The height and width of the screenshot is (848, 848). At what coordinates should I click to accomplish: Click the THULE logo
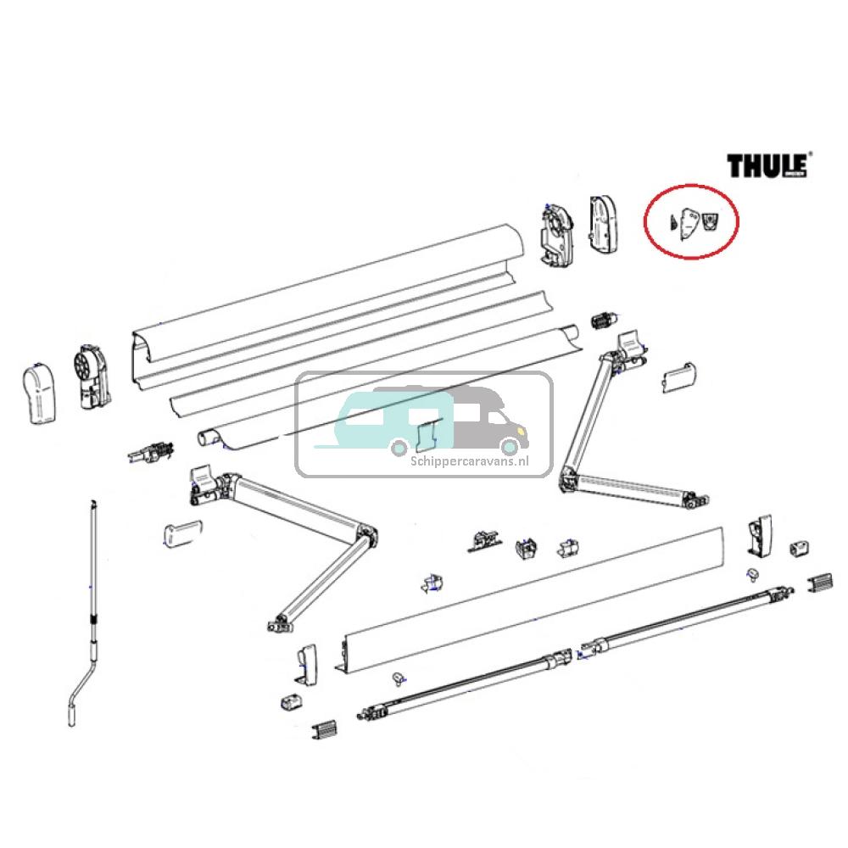pyautogui.click(x=767, y=165)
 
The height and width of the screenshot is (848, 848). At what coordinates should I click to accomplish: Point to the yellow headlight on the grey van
pyautogui.click(x=514, y=432)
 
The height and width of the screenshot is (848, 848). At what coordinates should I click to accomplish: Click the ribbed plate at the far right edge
pyautogui.click(x=820, y=583)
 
